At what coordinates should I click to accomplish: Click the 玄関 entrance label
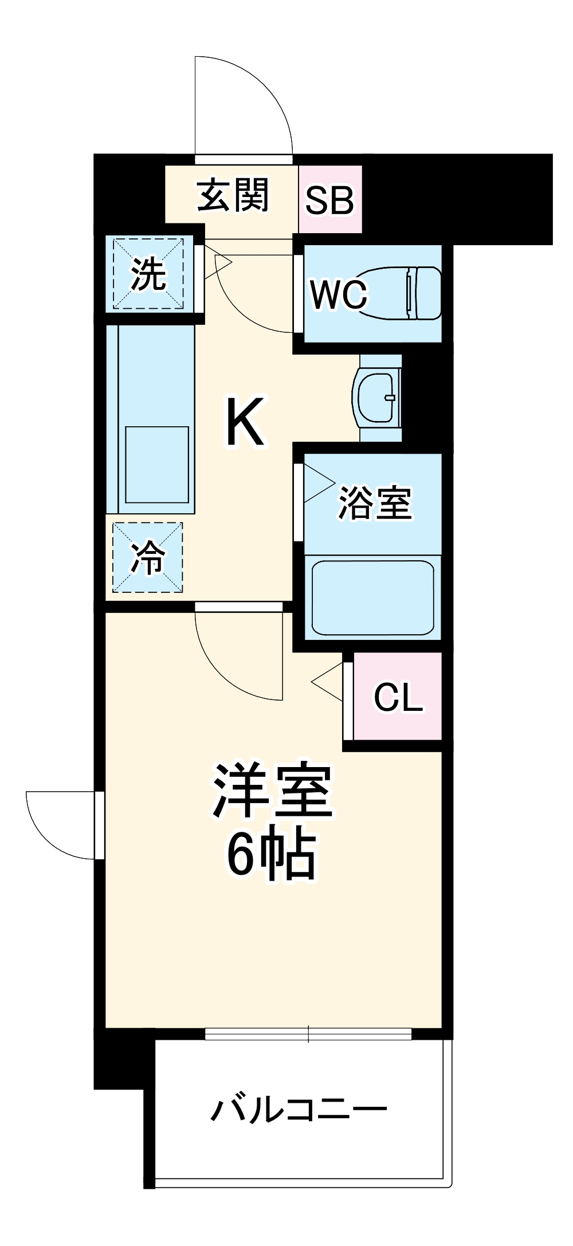click(233, 196)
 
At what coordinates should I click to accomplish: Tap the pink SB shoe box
click(329, 200)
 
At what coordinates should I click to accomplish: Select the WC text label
click(338, 294)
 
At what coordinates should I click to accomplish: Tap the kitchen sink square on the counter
click(156, 465)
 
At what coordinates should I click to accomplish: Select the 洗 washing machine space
click(148, 274)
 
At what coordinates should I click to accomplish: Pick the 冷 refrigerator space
click(148, 557)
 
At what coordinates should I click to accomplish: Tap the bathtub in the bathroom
click(372, 597)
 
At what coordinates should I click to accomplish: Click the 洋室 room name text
click(272, 791)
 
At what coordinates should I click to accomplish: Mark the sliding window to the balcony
click(308, 1034)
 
